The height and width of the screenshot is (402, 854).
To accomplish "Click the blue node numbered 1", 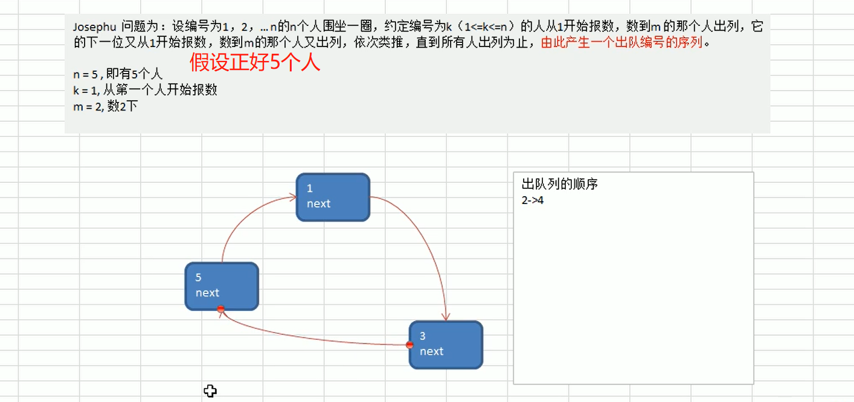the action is click(x=333, y=197).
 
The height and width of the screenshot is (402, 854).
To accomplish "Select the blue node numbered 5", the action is click(x=222, y=286).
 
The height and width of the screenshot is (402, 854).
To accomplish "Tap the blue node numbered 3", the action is click(x=446, y=345).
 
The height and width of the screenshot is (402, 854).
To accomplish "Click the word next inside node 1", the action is click(x=318, y=204).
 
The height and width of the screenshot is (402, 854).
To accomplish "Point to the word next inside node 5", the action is click(x=207, y=293).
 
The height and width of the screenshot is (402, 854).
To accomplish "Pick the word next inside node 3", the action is click(x=431, y=351).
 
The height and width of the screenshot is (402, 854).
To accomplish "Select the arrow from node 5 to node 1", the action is click(x=242, y=217).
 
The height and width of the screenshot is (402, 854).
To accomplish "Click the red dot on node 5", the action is click(x=221, y=309).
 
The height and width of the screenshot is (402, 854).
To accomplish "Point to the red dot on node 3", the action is click(x=409, y=345).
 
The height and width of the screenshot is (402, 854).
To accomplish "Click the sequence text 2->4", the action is click(x=533, y=200).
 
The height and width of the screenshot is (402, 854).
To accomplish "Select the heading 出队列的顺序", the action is click(x=559, y=184).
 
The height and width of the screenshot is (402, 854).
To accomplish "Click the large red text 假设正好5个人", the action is click(x=254, y=62).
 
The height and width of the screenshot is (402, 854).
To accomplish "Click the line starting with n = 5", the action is click(x=117, y=75).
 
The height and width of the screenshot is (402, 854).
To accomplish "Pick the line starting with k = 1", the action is click(x=144, y=91).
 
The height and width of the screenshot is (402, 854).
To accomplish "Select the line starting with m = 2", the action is click(x=105, y=106).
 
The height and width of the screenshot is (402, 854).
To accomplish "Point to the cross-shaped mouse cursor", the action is click(x=210, y=391).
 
